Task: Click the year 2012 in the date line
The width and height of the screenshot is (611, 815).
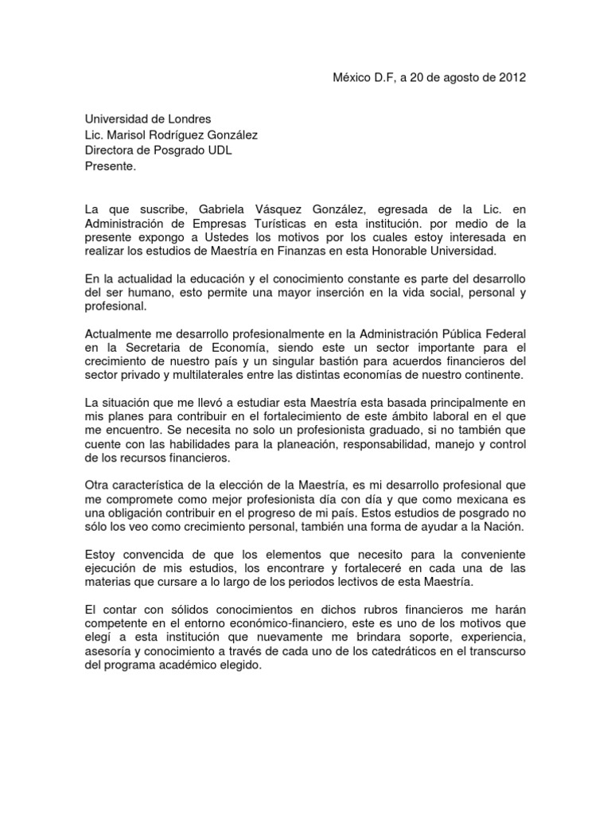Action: [x=512, y=77]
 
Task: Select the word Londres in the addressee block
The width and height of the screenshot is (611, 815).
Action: [x=185, y=119]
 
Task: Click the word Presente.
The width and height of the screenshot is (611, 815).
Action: [x=111, y=167]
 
